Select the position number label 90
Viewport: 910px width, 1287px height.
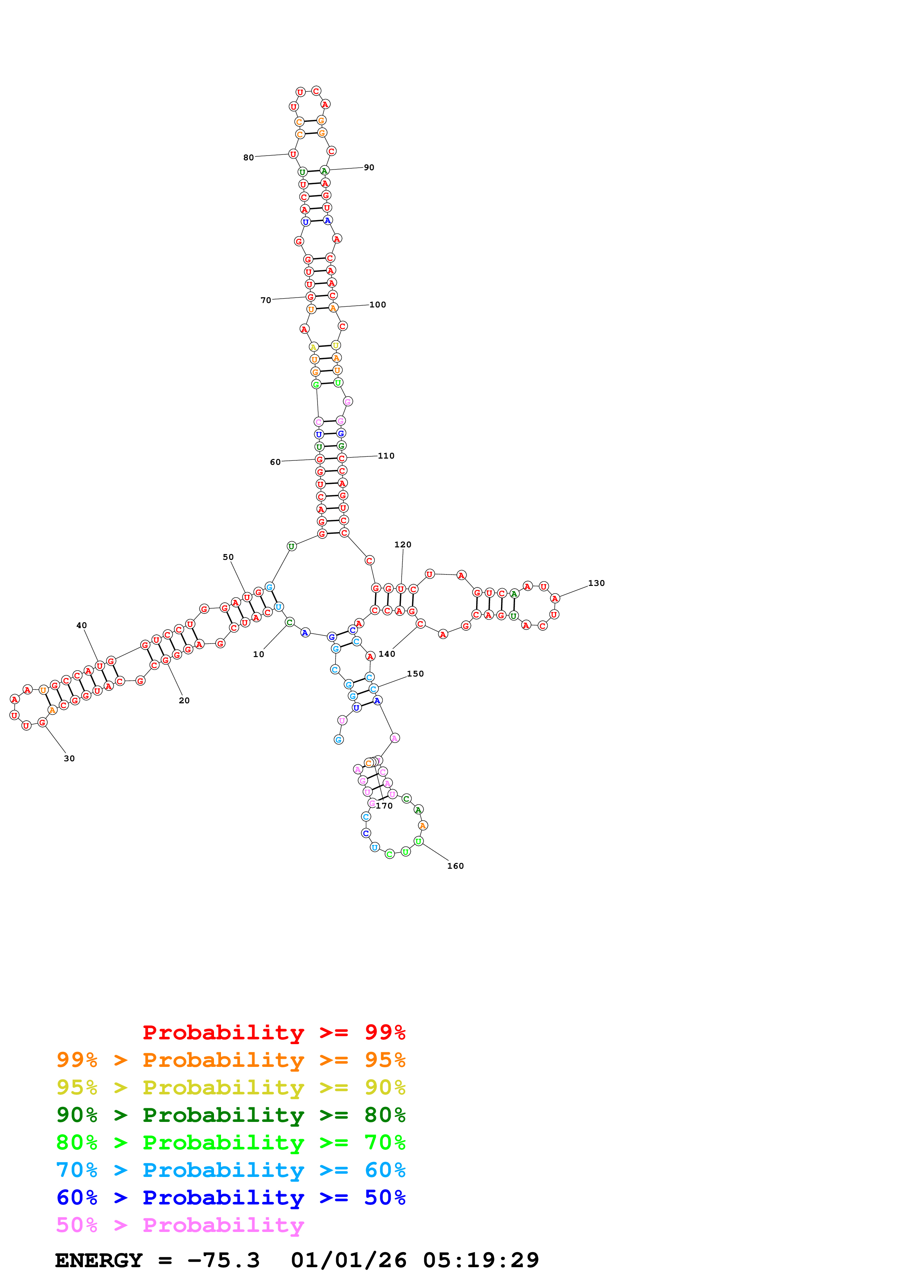click(x=369, y=167)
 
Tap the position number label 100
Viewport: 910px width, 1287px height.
click(x=377, y=305)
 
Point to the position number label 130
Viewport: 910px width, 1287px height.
click(x=596, y=583)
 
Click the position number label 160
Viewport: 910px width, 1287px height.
click(x=455, y=866)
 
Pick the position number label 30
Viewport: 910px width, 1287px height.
click(x=69, y=758)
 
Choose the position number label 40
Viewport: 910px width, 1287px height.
click(x=81, y=625)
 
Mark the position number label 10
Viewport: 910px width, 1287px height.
click(x=258, y=654)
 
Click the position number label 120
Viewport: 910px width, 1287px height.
click(x=403, y=544)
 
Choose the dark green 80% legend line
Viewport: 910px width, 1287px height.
click(x=231, y=1115)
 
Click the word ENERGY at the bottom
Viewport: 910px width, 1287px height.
click(x=99, y=1260)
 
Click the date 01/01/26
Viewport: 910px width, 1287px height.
click(x=348, y=1260)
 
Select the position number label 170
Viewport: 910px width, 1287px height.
click(x=384, y=806)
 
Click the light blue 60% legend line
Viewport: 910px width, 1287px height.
click(x=231, y=1170)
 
